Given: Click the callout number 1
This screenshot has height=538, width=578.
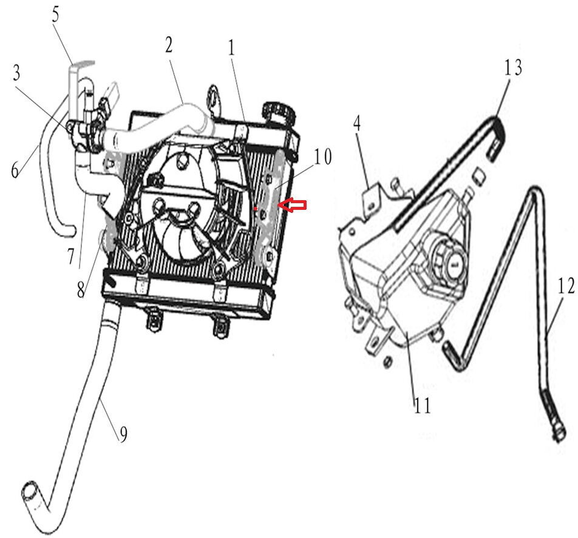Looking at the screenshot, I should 231,49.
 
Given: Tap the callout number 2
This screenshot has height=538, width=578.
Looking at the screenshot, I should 168,44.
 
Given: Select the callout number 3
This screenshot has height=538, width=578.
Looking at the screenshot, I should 17,73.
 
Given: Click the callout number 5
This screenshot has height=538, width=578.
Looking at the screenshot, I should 56,15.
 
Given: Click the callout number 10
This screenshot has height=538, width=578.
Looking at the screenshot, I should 323,158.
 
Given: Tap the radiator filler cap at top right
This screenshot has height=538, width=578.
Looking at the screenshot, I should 277,112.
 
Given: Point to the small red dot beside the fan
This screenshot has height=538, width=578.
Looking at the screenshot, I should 256,209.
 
